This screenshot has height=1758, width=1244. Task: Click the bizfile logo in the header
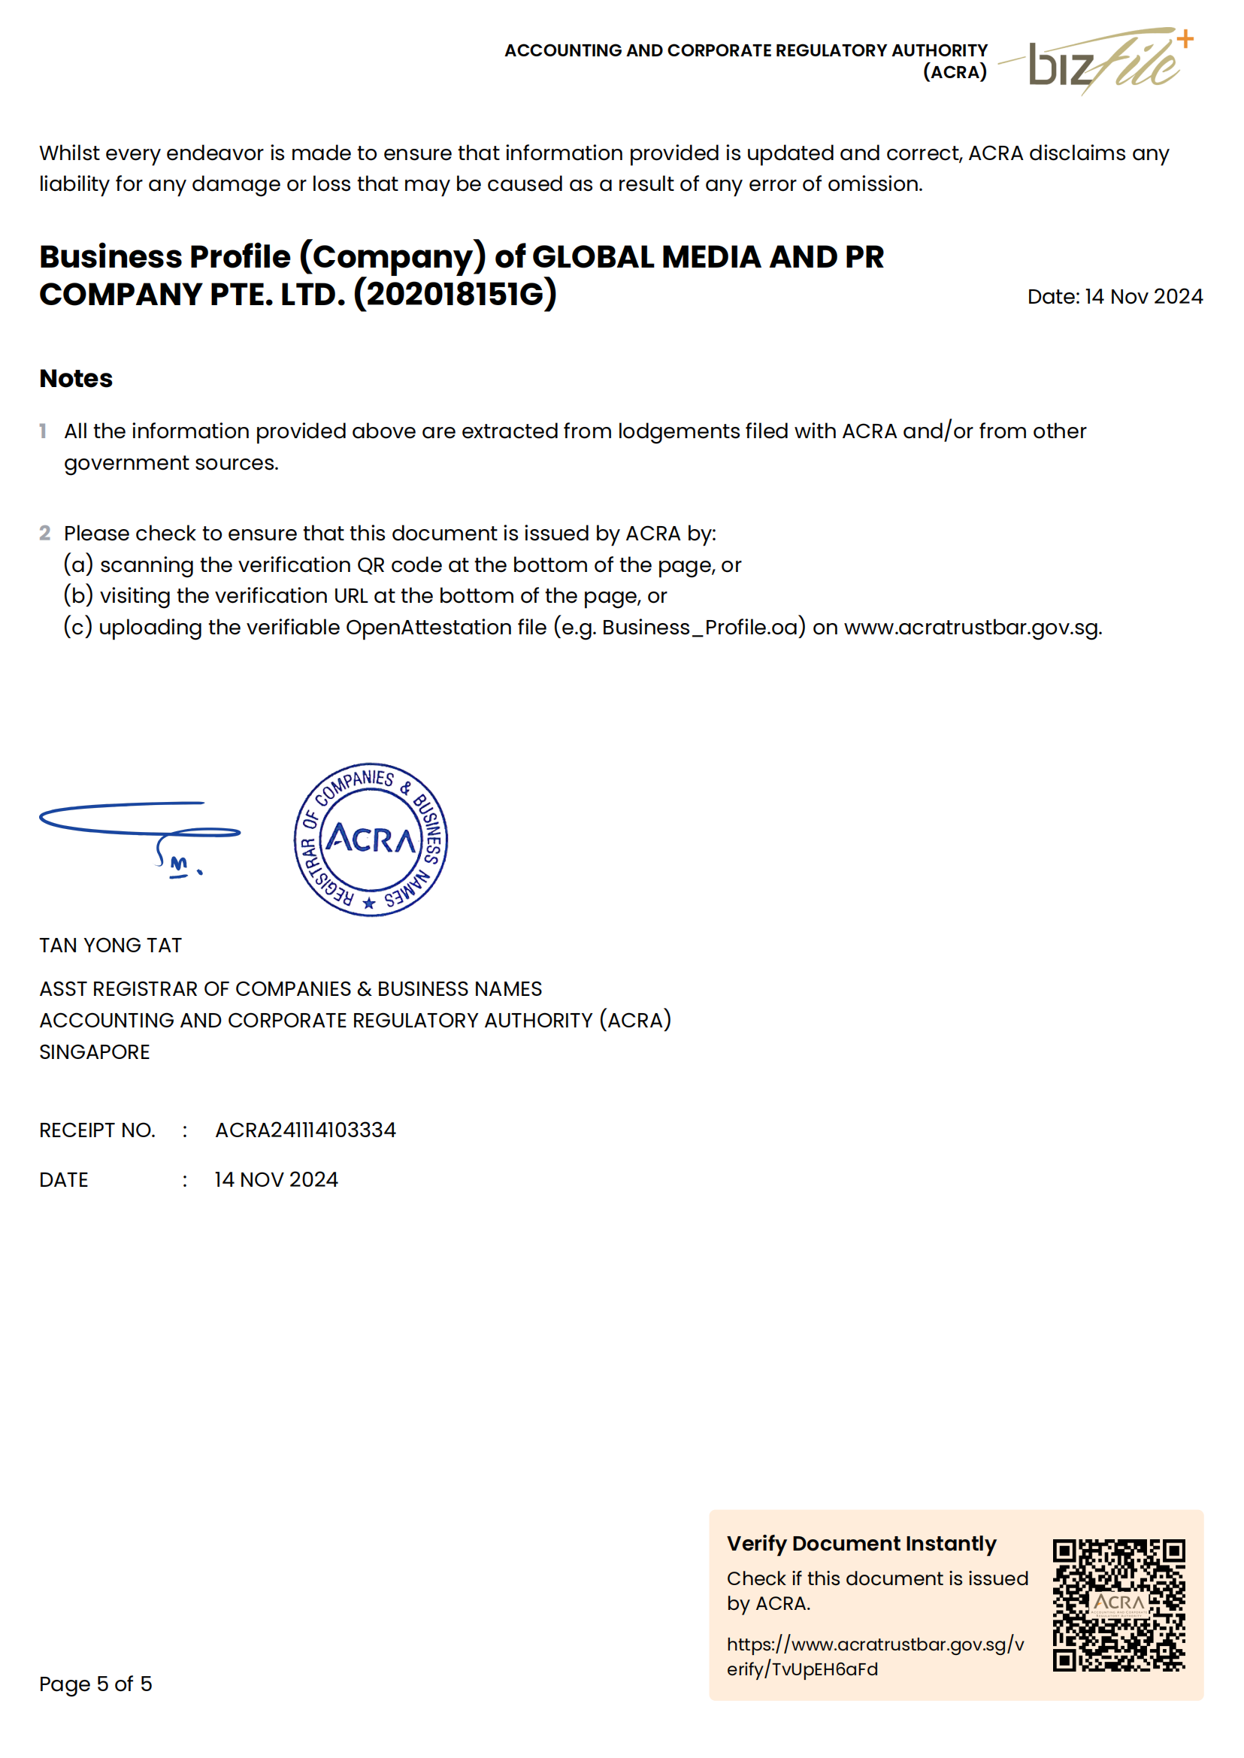[1103, 62]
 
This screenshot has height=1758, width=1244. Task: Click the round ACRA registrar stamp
[371, 839]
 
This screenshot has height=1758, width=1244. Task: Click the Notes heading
[76, 378]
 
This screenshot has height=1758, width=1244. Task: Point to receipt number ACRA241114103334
[305, 1130]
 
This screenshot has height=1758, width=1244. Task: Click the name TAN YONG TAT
[110, 946]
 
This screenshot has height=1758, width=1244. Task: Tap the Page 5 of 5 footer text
[95, 1683]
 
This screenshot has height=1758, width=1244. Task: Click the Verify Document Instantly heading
[861, 1543]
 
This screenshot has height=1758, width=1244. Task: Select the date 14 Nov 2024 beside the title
[1143, 296]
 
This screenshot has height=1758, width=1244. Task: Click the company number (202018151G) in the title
[455, 294]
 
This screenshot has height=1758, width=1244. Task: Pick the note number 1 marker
[43, 431]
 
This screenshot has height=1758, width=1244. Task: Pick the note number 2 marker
[44, 533]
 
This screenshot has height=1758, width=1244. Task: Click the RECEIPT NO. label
[97, 1130]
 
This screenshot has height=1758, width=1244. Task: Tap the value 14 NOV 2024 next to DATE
[276, 1180]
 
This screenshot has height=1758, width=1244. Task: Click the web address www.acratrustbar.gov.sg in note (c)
[972, 628]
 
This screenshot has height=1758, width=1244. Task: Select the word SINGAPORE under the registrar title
[94, 1051]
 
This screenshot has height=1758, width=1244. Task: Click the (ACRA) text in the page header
[955, 72]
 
